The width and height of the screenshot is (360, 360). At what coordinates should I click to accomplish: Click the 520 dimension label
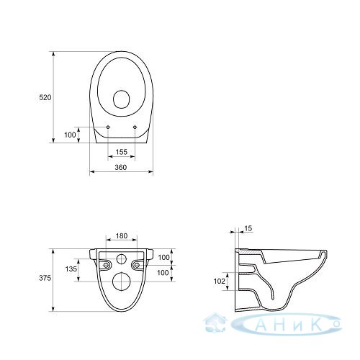point(45,97)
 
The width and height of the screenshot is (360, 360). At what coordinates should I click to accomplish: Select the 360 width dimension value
point(120,167)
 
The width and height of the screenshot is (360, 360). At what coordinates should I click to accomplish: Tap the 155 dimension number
point(122,152)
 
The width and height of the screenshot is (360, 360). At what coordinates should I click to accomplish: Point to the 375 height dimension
point(45,278)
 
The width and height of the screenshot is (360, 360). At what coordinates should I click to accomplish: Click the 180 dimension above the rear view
point(122,236)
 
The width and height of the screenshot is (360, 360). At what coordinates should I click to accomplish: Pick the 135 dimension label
point(71,269)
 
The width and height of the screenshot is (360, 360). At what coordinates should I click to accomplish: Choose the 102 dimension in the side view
point(220,281)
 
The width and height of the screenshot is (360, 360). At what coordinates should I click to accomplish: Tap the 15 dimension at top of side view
point(249,228)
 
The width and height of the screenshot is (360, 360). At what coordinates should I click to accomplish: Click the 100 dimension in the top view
point(70,135)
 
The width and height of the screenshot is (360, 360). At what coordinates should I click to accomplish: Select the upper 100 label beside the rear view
point(163,257)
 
